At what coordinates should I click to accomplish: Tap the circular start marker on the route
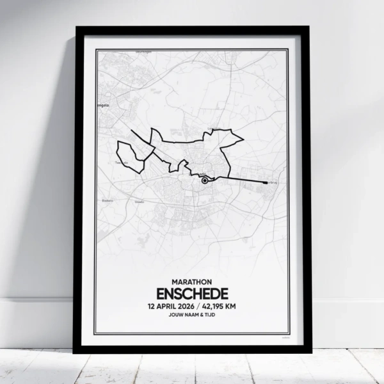click(204, 181)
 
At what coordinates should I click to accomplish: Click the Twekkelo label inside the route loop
click(118, 163)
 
